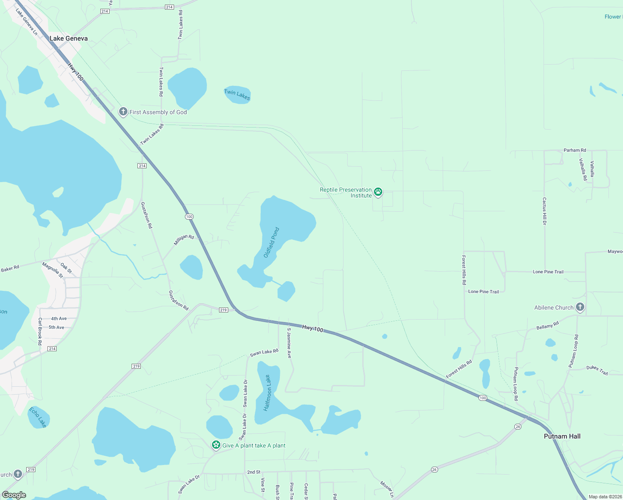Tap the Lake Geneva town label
tap(69, 38)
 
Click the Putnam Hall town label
tap(562, 436)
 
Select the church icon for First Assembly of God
tap(123, 112)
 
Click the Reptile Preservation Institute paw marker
tap(378, 192)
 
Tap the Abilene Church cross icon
tap(580, 307)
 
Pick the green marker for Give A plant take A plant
tap(216, 445)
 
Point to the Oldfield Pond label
tap(272, 242)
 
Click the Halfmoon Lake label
tap(267, 393)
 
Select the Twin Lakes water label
tap(237, 95)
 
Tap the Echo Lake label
tap(37, 417)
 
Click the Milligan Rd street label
tap(184, 240)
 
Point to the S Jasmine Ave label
tap(289, 343)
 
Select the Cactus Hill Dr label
tap(544, 211)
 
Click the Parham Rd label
tap(575, 150)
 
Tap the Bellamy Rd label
tap(548, 325)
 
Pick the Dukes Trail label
tap(597, 370)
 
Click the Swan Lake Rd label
tap(264, 352)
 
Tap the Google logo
tap(14, 495)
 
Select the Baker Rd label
tap(10, 269)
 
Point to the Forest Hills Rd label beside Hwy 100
tap(459, 369)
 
